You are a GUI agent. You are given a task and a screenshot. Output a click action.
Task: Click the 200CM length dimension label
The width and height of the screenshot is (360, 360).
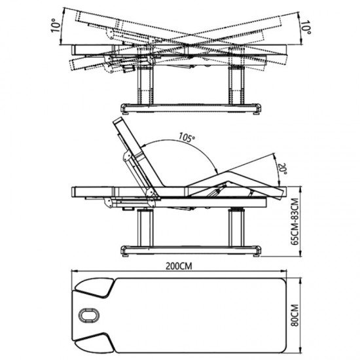click(x=179, y=266)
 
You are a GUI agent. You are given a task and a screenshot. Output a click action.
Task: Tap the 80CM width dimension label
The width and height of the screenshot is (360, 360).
click(x=295, y=315)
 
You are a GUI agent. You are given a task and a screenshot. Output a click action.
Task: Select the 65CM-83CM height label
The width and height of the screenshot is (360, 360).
click(x=295, y=222)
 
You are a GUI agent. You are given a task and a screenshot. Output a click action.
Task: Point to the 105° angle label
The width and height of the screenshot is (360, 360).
click(x=187, y=137)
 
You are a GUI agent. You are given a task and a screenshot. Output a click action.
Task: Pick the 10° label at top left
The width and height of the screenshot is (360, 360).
click(x=56, y=26)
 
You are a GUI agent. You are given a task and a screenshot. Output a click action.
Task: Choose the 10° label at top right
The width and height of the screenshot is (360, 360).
click(x=306, y=27)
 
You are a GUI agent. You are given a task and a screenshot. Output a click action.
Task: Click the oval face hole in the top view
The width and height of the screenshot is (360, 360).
click(x=89, y=315)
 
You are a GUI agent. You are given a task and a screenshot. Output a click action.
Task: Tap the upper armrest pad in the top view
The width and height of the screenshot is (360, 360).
click(x=94, y=288)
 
